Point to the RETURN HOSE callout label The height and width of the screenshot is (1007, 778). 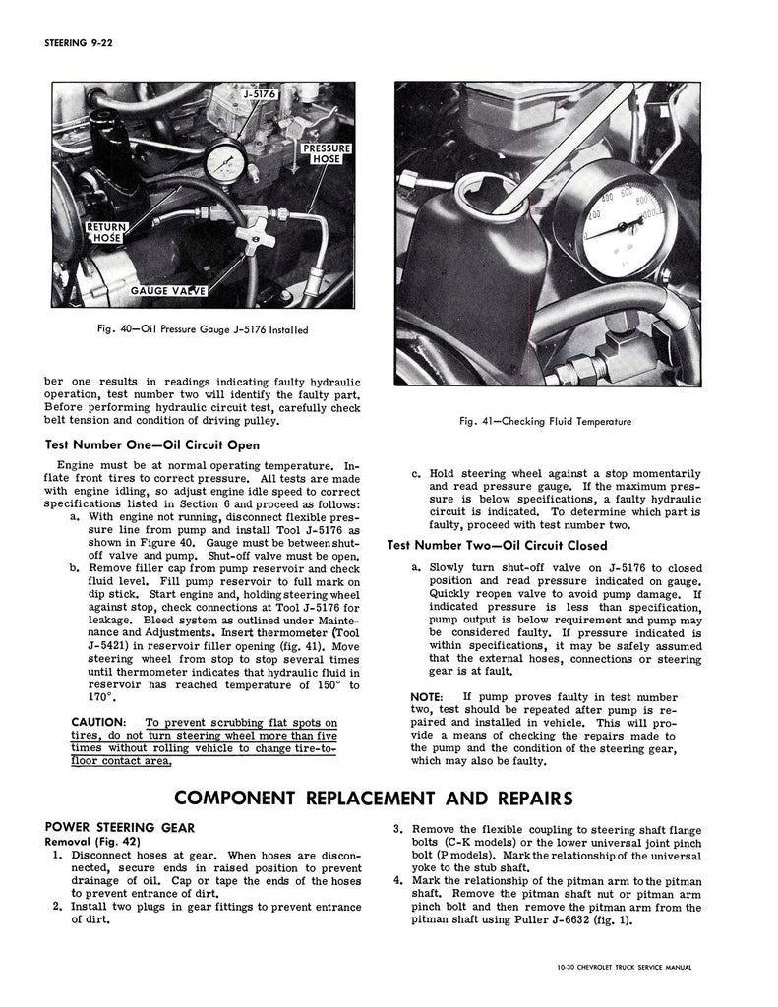tap(105, 232)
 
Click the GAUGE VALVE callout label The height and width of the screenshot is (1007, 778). tap(169, 291)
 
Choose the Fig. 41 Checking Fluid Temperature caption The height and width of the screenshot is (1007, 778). tap(545, 421)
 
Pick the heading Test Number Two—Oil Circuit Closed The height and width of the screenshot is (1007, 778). tap(497, 545)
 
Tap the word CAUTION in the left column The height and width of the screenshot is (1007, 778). tap(99, 722)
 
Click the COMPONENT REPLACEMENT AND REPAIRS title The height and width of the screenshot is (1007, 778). tap(388, 796)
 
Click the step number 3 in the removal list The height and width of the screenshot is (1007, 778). tap(396, 829)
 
